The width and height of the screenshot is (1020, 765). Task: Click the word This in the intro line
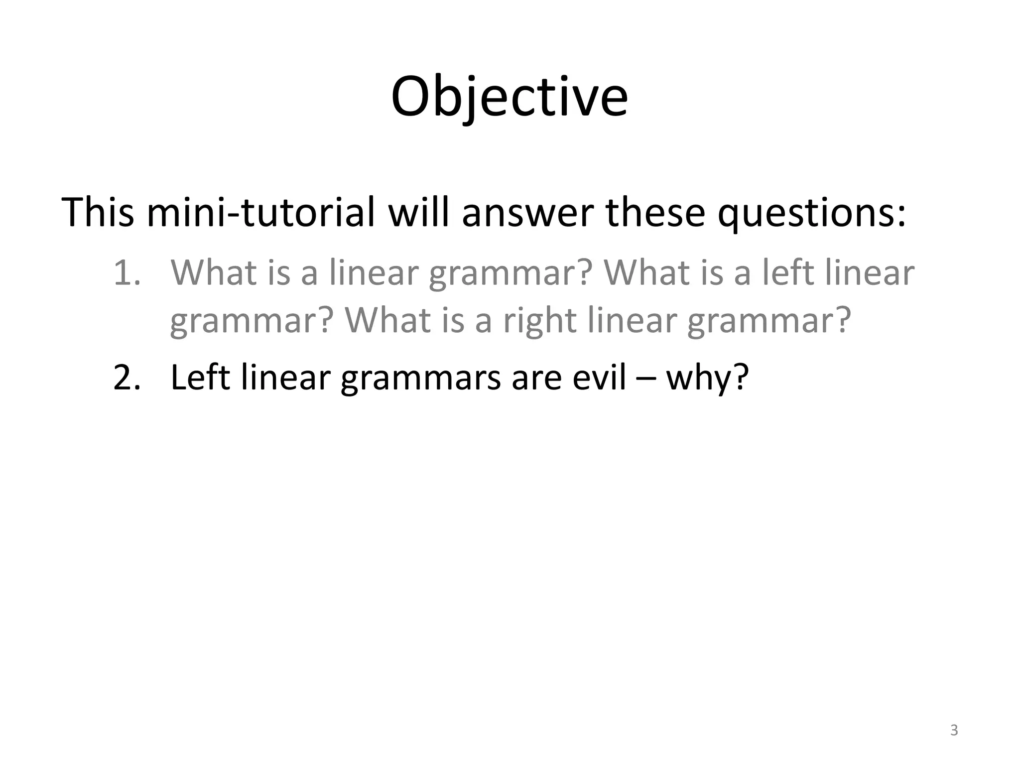(x=98, y=213)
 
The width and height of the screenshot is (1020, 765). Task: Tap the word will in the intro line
(x=419, y=213)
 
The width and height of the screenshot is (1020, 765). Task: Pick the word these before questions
(x=655, y=213)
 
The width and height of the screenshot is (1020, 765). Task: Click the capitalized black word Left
(x=200, y=378)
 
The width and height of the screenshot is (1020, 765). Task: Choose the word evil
(x=599, y=378)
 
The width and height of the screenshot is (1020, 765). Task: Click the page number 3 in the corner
(x=954, y=731)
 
